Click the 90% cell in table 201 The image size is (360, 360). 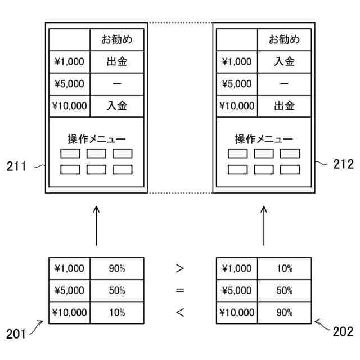[x=117, y=268]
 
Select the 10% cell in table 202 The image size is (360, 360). [x=285, y=268]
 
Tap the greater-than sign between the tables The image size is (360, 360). [x=180, y=268]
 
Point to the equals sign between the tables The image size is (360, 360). [x=180, y=290]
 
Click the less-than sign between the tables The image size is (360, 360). [x=180, y=312]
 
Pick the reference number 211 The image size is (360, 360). [x=16, y=165]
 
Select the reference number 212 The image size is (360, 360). [x=343, y=164]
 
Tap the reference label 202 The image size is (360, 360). [x=343, y=331]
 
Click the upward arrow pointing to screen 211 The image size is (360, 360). [x=96, y=225]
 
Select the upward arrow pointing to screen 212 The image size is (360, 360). [x=264, y=225]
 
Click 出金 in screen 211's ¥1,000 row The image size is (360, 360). [x=117, y=61]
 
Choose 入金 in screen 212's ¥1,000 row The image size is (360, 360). [x=285, y=61]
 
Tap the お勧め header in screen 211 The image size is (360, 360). [x=117, y=40]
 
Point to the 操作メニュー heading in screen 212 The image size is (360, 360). [x=264, y=139]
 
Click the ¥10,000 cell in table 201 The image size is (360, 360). [x=69, y=312]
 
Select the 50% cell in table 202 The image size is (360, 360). [x=285, y=290]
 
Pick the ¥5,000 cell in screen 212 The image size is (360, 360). [x=237, y=84]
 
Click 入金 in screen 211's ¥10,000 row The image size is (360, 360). [x=117, y=105]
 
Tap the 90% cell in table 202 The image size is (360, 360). [x=285, y=312]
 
